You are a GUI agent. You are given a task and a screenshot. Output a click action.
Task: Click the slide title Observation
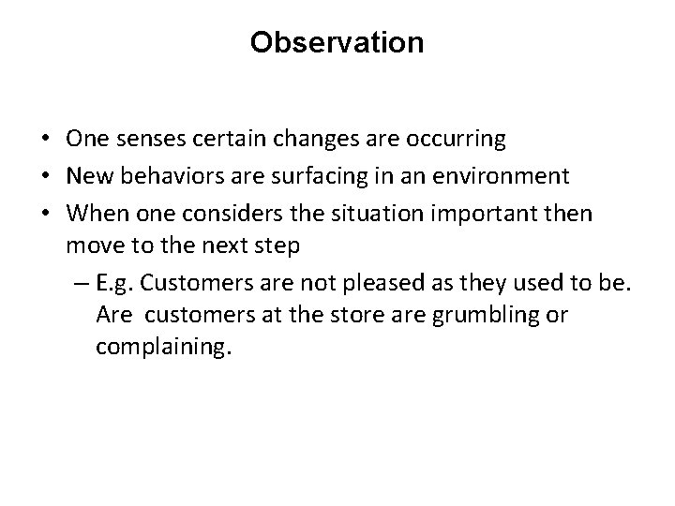point(337,43)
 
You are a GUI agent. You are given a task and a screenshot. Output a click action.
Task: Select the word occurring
point(457,140)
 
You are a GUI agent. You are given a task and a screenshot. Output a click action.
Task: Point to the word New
point(88,177)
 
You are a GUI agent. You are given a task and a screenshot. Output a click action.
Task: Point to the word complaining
point(160,348)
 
